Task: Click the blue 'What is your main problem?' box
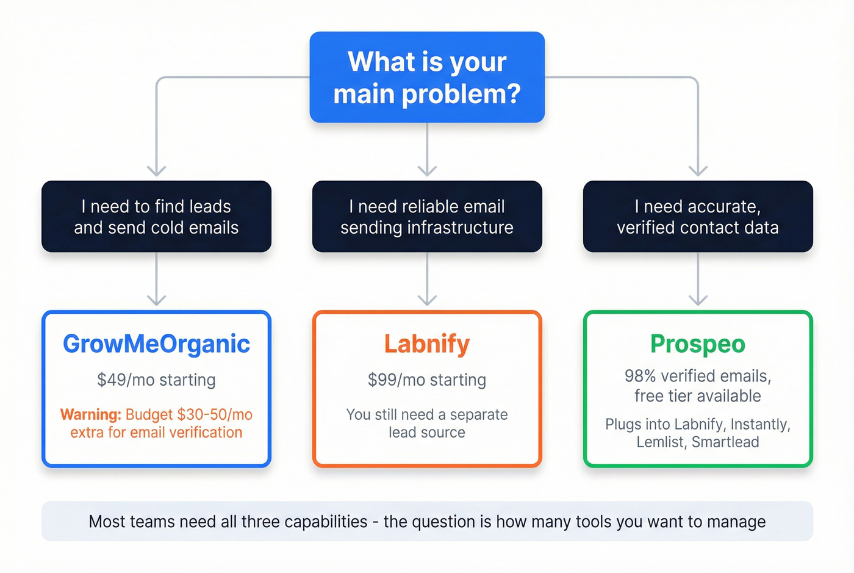[x=427, y=77]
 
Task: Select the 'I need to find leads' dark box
[x=156, y=217]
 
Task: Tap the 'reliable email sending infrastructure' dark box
[x=427, y=217]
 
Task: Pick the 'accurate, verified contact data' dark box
[x=698, y=217]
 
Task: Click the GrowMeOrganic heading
[x=156, y=344]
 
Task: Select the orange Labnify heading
[x=427, y=344]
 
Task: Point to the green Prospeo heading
[x=698, y=344]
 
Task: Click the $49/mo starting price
[x=156, y=380]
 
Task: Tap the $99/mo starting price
[x=427, y=380]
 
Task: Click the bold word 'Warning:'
[x=91, y=415]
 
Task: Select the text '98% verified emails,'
[x=698, y=377]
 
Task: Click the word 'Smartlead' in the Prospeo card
[x=725, y=442]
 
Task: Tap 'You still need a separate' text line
[x=427, y=415]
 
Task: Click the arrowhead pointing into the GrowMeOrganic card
[x=157, y=299]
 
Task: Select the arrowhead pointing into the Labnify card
[x=427, y=299]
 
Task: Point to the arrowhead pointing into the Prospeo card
[x=698, y=299]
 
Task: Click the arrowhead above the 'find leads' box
[x=157, y=170]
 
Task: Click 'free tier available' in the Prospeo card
[x=698, y=397]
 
